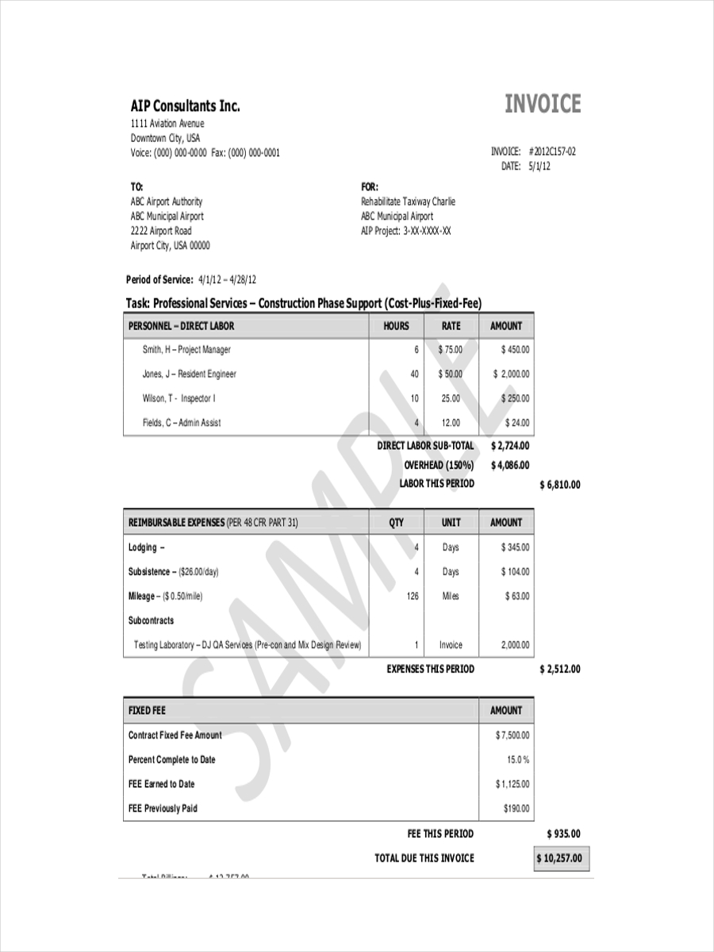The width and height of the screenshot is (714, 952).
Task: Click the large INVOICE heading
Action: pyautogui.click(x=543, y=105)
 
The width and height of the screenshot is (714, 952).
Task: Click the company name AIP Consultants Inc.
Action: pyautogui.click(x=185, y=106)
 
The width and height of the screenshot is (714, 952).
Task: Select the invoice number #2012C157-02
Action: pyautogui.click(x=551, y=152)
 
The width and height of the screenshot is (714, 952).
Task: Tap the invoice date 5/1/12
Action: pyautogui.click(x=539, y=167)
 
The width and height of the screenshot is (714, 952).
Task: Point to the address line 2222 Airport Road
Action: pyautogui.click(x=161, y=231)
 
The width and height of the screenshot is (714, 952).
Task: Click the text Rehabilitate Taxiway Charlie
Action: pyautogui.click(x=408, y=202)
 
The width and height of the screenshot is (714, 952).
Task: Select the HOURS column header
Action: pyautogui.click(x=396, y=326)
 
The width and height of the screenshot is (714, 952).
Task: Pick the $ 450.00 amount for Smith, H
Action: pyautogui.click(x=516, y=350)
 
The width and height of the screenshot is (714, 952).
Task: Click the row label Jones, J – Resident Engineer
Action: pyautogui.click(x=189, y=374)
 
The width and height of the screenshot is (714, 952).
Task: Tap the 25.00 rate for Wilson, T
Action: pyautogui.click(x=451, y=398)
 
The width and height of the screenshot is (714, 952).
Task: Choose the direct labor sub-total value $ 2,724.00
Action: pyautogui.click(x=510, y=446)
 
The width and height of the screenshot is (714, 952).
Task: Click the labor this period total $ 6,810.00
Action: pyautogui.click(x=559, y=485)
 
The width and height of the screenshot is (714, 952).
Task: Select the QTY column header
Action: pyautogui.click(x=396, y=522)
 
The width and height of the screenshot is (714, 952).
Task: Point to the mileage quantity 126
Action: pyautogui.click(x=413, y=596)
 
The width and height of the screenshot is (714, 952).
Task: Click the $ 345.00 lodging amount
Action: pyautogui.click(x=516, y=547)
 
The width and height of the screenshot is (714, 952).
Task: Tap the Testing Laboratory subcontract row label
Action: pyautogui.click(x=248, y=645)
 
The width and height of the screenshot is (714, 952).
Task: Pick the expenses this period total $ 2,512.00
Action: pyautogui.click(x=559, y=669)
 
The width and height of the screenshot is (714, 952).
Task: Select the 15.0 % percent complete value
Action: pyautogui.click(x=518, y=760)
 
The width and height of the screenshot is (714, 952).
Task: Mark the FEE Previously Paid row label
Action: pyautogui.click(x=163, y=808)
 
